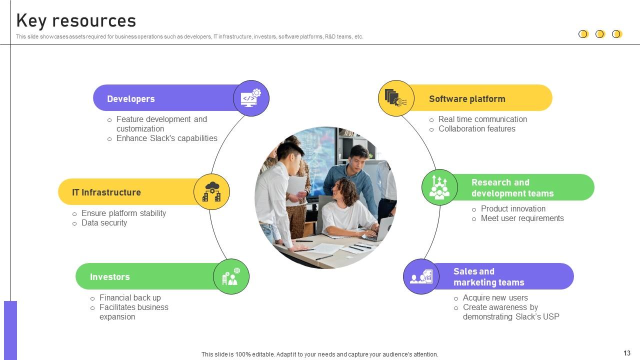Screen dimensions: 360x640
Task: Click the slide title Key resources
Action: click(x=76, y=20)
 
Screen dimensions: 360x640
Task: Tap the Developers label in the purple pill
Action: click(x=130, y=99)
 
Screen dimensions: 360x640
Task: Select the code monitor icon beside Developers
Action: click(x=251, y=98)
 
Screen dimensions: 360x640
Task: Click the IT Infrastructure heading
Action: click(x=106, y=192)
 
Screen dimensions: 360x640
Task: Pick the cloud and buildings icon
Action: click(x=211, y=192)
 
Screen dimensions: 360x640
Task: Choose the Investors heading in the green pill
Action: click(x=109, y=277)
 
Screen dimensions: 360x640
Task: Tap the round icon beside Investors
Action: click(x=231, y=276)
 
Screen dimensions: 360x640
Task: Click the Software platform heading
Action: click(x=467, y=99)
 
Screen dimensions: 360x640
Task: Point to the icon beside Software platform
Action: click(x=396, y=98)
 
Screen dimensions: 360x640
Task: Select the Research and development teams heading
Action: click(x=512, y=188)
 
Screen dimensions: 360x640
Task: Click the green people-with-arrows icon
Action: click(x=439, y=187)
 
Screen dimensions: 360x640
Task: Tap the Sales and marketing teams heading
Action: click(x=488, y=277)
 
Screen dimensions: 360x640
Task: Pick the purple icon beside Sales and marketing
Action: click(x=421, y=276)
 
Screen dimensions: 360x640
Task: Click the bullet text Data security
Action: click(x=104, y=223)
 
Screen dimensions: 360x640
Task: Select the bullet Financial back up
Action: click(x=130, y=298)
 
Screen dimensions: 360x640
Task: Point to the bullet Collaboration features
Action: click(x=476, y=129)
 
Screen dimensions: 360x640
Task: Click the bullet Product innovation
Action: click(x=513, y=209)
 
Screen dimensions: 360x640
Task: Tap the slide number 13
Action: click(x=627, y=353)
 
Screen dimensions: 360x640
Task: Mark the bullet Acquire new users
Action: click(x=495, y=298)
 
